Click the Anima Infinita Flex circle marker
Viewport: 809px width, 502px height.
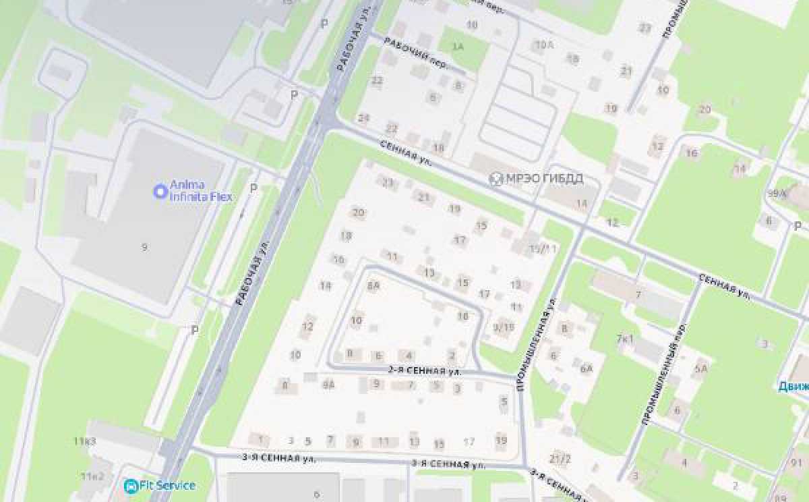(160, 192)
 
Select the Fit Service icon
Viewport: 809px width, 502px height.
(130, 485)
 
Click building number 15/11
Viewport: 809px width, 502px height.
(542, 249)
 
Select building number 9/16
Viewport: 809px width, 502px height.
(504, 327)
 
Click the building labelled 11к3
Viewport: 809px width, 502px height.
(85, 441)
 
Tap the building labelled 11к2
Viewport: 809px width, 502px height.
(92, 476)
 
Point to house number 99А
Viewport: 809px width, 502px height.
(776, 193)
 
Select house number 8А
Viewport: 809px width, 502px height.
(373, 285)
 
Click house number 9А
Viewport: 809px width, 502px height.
(329, 385)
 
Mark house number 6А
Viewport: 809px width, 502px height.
(586, 368)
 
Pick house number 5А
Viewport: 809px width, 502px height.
(701, 368)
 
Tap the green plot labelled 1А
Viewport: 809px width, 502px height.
(458, 47)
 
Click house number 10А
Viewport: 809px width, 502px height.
(543, 45)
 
